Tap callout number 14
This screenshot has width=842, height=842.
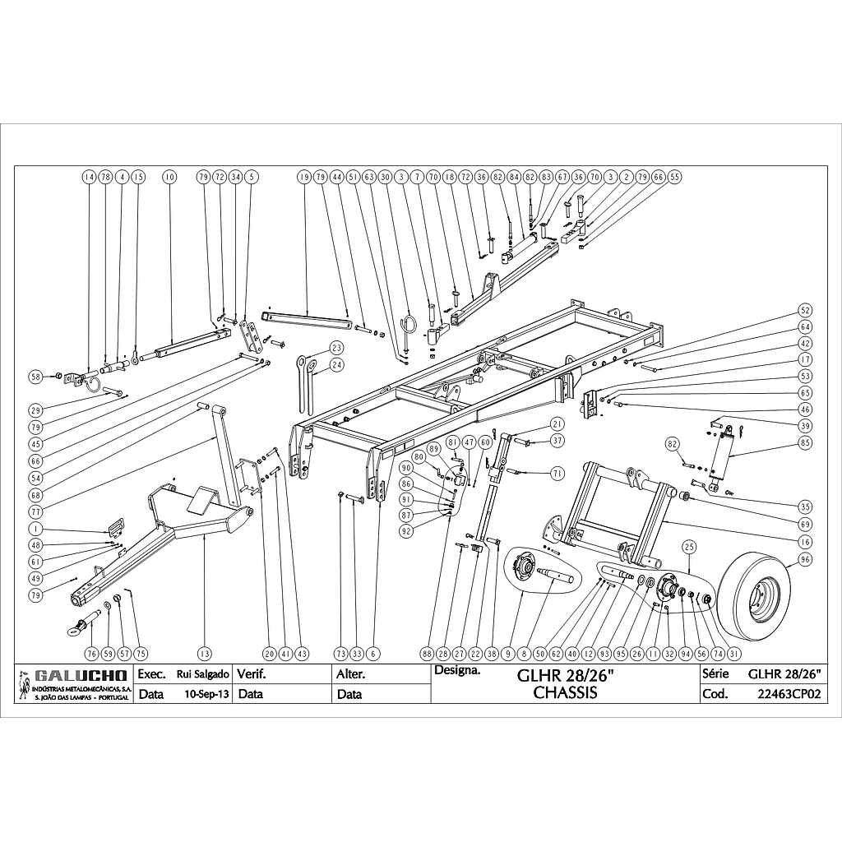[89, 177]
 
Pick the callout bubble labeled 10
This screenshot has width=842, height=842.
[170, 177]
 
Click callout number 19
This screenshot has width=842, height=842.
[303, 177]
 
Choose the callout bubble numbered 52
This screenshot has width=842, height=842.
[805, 310]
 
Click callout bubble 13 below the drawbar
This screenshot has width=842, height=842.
[204, 653]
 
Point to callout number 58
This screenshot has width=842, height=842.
[35, 377]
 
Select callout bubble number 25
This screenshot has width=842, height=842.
[689, 547]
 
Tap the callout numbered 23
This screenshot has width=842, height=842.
[336, 347]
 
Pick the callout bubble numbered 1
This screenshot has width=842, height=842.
[35, 528]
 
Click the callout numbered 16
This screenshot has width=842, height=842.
[805, 542]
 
